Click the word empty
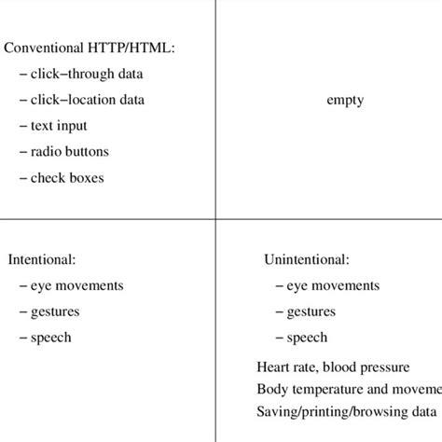click(344, 100)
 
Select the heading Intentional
click(42, 258)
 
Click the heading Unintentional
click(307, 258)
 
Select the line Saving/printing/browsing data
click(346, 411)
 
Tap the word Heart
click(270, 366)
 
